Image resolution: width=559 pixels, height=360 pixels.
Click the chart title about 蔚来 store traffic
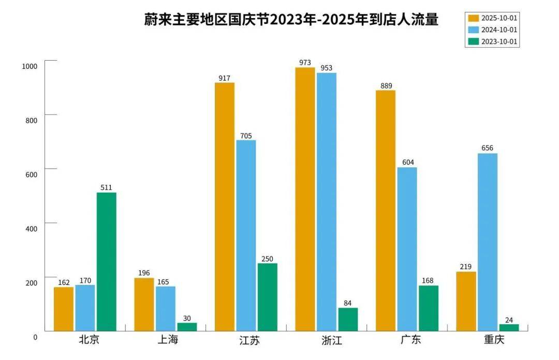(291, 20)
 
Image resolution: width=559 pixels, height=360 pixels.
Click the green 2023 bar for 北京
(107, 262)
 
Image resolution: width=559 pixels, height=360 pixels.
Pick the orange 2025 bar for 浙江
(305, 199)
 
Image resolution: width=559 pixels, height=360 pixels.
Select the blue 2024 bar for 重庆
(488, 242)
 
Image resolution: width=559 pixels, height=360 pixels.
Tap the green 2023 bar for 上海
(187, 327)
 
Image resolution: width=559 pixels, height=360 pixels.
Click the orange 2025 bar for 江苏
(225, 207)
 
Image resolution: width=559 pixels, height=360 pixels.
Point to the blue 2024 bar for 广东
(407, 249)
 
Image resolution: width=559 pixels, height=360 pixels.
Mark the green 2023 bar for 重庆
(509, 327)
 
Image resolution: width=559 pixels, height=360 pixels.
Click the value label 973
(305, 63)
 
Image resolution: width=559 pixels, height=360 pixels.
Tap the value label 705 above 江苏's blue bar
(246, 136)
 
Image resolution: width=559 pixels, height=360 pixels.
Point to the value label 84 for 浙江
(348, 303)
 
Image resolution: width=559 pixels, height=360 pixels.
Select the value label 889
(386, 86)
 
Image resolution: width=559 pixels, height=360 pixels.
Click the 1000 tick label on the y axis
(30, 66)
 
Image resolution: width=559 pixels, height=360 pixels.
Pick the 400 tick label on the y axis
(32, 228)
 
